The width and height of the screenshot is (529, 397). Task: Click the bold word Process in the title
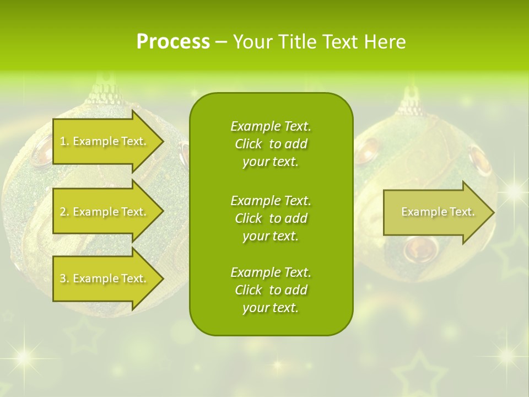point(173,42)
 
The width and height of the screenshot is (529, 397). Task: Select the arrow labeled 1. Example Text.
point(105,141)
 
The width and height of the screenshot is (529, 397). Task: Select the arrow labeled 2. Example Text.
point(105,212)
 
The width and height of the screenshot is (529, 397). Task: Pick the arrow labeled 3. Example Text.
point(105,278)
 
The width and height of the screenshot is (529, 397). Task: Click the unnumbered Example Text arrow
point(435,212)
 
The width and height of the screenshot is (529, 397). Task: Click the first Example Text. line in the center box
point(271,126)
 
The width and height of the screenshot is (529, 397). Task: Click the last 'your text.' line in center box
point(271,308)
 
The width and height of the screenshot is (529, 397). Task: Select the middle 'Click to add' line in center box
point(271,218)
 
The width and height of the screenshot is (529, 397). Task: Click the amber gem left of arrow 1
point(42,156)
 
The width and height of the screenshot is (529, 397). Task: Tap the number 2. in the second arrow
point(64,212)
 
